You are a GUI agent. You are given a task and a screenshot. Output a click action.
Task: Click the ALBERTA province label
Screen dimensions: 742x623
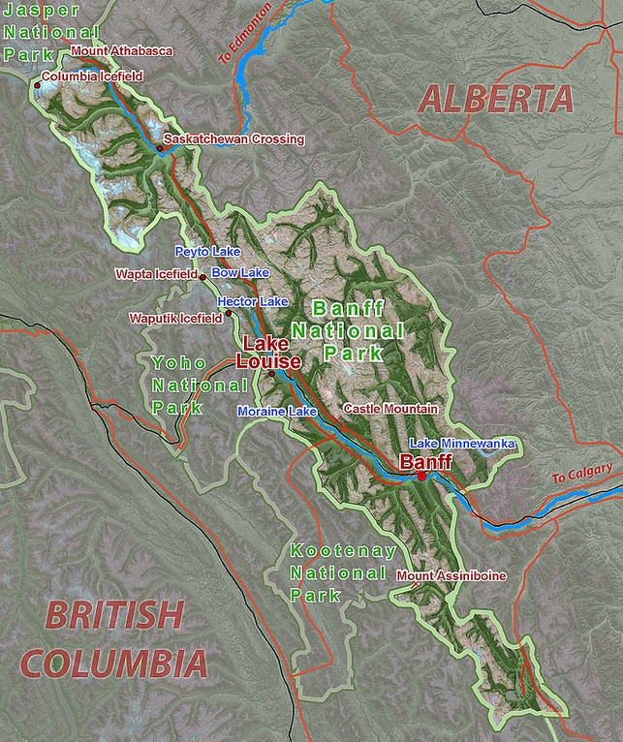pos(495,99)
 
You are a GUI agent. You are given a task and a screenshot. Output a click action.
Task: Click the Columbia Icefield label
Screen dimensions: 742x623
pos(92,76)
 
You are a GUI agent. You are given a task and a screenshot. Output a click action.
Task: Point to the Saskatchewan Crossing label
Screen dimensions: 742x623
pos(234,139)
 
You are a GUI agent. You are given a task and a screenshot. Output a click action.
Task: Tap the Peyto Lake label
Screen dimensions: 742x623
pos(207,251)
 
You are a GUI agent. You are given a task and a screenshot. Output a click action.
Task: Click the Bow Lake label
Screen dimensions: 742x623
pos(239,273)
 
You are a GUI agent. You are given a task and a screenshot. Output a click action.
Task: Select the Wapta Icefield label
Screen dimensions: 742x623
pos(155,275)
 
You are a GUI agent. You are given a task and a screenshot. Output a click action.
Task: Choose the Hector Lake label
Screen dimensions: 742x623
pos(253,302)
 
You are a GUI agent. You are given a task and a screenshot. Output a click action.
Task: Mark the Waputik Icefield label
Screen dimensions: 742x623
pos(174,318)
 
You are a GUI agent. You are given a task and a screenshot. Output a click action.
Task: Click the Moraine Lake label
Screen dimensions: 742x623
pos(277,413)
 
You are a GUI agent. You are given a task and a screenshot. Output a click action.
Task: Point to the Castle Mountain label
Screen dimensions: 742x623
pos(390,410)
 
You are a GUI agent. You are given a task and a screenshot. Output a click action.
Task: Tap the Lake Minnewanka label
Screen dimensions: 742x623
pos(460,444)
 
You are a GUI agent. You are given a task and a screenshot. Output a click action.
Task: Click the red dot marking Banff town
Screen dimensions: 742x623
pos(422,477)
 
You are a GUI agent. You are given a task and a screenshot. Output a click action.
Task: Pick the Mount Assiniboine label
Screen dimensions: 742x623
pos(451,576)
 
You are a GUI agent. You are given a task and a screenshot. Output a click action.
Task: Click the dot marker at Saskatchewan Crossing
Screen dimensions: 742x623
pos(159,148)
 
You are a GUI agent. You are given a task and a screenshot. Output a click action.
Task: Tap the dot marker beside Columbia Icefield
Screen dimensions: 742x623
pos(37,85)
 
